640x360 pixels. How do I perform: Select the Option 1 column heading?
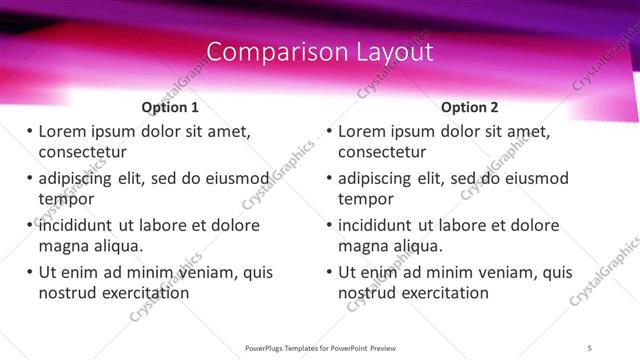point(170,107)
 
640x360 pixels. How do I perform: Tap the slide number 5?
point(591,347)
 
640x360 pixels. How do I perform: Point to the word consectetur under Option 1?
point(83,152)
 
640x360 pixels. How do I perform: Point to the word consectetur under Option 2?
point(383,152)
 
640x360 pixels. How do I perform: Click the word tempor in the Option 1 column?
point(65,198)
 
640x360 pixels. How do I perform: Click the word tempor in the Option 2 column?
point(365,198)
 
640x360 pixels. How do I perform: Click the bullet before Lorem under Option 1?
point(29,131)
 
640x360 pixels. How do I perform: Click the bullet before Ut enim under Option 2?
point(329,272)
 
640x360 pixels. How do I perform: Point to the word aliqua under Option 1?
point(115,246)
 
